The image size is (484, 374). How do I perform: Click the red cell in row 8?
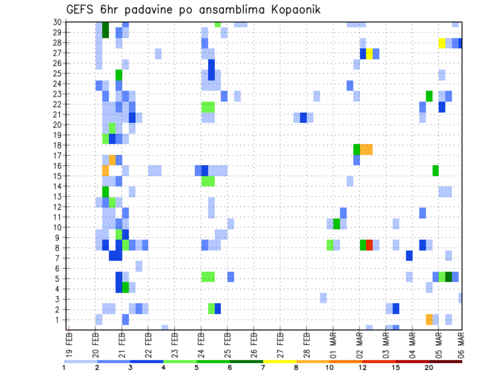point(369,245)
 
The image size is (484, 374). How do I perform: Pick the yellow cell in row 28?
point(442,43)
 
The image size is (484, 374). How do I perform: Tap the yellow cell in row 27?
point(369,53)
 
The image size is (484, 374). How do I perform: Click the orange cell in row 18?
point(366,149)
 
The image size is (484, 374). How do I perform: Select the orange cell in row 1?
point(429,319)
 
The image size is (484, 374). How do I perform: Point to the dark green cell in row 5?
point(448,276)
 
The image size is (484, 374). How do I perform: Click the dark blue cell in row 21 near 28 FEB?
point(304,117)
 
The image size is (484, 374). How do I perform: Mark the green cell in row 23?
point(429,96)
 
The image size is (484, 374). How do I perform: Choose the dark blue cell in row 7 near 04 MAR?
point(409,256)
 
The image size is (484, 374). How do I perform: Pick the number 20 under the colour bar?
point(429,367)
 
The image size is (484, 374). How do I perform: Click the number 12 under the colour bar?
point(362,367)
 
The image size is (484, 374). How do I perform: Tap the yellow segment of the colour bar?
point(280,361)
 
